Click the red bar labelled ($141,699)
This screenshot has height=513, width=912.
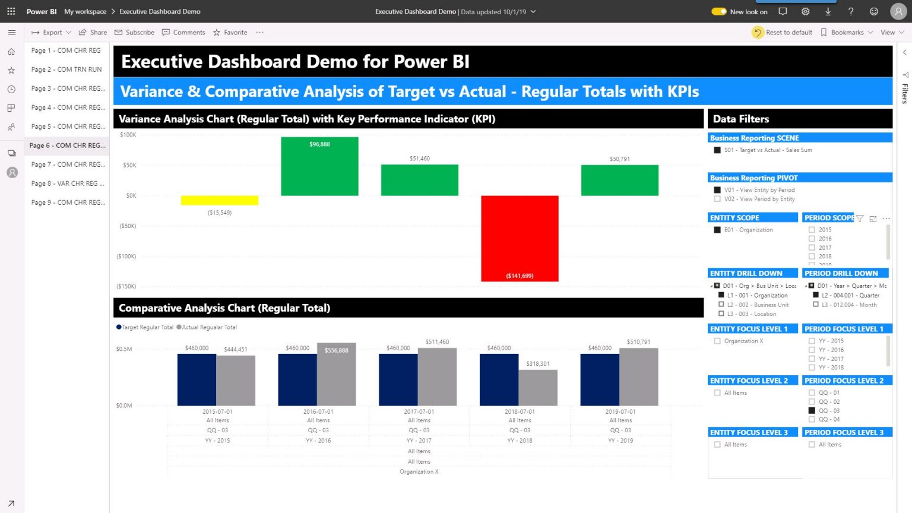click(x=520, y=237)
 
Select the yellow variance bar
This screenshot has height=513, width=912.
click(x=219, y=201)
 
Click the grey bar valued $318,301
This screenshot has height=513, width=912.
click(x=538, y=388)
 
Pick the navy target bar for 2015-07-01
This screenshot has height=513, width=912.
click(x=197, y=380)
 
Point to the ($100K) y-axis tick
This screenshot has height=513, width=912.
click(x=126, y=256)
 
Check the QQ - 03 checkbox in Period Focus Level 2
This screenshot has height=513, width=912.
click(x=812, y=410)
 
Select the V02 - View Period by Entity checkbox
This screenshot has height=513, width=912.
click(x=717, y=199)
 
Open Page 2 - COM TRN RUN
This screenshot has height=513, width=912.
click(x=66, y=69)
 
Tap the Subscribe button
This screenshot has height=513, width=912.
click(x=135, y=33)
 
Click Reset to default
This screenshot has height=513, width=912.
click(x=783, y=33)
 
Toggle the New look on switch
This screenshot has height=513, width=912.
click(x=719, y=11)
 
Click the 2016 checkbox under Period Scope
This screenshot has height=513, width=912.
click(x=812, y=239)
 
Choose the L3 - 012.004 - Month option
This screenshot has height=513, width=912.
click(x=816, y=305)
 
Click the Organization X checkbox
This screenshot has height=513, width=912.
click(x=717, y=341)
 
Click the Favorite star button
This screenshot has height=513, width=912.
click(x=230, y=33)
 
